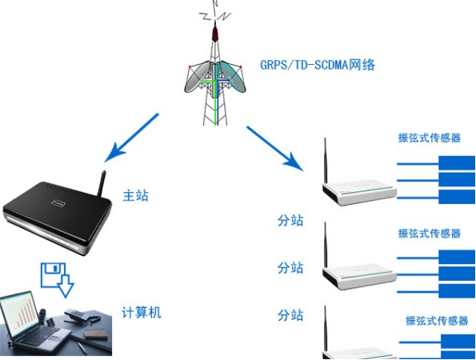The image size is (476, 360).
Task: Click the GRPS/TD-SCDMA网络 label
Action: [x=318, y=65]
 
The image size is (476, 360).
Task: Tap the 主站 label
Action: [x=136, y=195]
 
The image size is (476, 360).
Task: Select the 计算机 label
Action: [x=142, y=312]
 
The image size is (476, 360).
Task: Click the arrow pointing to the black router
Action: [x=131, y=138]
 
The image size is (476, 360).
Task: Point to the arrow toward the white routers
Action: [x=275, y=149]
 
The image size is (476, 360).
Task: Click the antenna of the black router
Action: [x=102, y=183]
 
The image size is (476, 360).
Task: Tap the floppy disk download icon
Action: [x=57, y=279]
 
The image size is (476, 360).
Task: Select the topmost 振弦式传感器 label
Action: [x=430, y=138]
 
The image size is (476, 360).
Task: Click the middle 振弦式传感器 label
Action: [x=430, y=233]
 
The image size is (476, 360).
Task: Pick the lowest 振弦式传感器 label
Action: [x=437, y=321]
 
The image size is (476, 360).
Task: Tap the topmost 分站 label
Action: [x=290, y=221]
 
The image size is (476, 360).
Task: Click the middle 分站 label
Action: [x=290, y=268]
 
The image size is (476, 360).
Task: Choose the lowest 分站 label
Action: [x=290, y=315]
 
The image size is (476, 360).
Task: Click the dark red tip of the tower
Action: [x=215, y=34]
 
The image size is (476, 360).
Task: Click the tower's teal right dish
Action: [x=233, y=76]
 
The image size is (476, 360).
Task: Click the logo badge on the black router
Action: [x=58, y=202]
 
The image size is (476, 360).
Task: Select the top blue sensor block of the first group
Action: [x=457, y=162]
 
